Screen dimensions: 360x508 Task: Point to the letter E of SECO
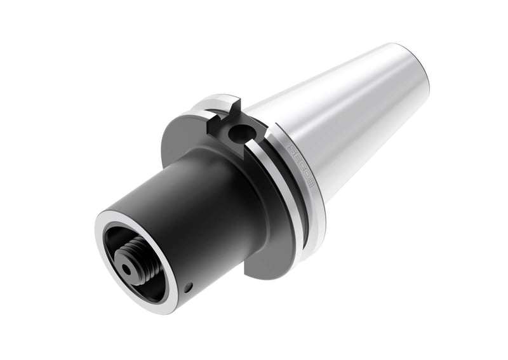point(297,159)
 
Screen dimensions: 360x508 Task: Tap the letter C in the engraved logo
point(301,166)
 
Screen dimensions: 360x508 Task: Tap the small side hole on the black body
point(188,288)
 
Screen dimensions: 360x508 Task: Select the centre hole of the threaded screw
point(128,269)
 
